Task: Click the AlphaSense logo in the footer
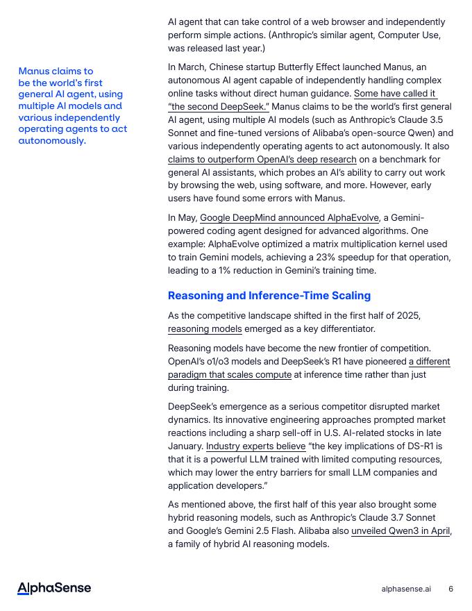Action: [x=54, y=588]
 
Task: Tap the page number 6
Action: [x=451, y=589]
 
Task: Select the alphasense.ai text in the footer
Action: [x=406, y=589]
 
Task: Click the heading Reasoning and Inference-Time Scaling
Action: [x=269, y=296]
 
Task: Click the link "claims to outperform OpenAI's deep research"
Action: [x=262, y=160]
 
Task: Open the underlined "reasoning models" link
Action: [x=205, y=329]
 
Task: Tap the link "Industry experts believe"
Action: [x=255, y=446]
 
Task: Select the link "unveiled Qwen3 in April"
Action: [x=401, y=531]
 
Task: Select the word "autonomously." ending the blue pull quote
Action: [x=52, y=141]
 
